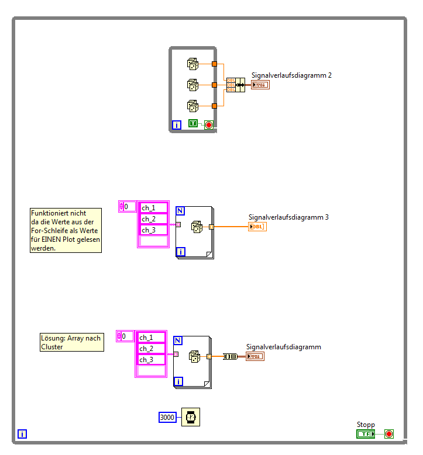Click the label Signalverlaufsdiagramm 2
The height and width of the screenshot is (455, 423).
[x=291, y=75]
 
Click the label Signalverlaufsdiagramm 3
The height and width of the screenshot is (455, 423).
[x=288, y=217]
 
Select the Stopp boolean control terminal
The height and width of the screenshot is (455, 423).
[x=366, y=433]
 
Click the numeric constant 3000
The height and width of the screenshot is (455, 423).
[x=167, y=417]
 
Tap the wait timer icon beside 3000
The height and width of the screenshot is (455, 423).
[x=190, y=417]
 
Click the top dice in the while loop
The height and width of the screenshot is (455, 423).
[x=192, y=64]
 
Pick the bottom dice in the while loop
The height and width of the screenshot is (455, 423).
[x=192, y=106]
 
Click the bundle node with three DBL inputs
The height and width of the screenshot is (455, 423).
[x=235, y=85]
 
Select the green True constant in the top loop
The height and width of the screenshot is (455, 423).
[x=193, y=124]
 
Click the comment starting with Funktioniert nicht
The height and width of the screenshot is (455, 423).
[x=66, y=231]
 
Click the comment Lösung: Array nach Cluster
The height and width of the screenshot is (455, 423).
[x=71, y=342]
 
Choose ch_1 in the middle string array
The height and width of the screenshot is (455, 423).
[x=153, y=208]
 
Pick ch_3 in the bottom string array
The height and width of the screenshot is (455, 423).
[x=151, y=360]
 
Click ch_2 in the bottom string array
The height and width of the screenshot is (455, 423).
[x=151, y=349]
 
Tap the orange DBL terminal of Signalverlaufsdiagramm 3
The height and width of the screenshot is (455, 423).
[x=257, y=227]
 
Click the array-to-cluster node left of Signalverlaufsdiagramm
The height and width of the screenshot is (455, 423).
[x=230, y=356]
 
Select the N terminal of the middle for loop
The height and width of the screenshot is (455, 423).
[x=181, y=211]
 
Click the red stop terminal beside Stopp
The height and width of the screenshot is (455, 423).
[x=389, y=433]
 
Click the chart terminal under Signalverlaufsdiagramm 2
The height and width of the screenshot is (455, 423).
[x=260, y=85]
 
